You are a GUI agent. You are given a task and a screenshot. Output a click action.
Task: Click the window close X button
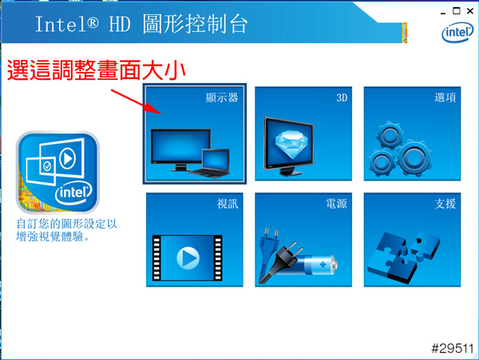click(470, 11)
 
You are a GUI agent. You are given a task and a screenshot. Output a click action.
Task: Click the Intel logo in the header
click(457, 32)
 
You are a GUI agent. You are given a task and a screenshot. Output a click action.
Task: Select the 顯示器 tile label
click(222, 97)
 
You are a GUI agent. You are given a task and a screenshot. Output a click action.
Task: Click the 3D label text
click(342, 97)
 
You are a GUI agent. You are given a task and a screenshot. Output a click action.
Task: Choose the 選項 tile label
click(445, 97)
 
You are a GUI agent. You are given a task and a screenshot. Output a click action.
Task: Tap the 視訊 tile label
click(228, 204)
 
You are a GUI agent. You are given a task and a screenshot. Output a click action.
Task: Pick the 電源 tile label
click(336, 204)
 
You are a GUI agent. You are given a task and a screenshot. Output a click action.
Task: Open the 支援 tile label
click(445, 204)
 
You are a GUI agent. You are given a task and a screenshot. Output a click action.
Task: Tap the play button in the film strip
click(188, 258)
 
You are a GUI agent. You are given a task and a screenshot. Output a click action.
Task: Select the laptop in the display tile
click(210, 164)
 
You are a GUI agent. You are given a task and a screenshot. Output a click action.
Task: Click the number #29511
click(452, 348)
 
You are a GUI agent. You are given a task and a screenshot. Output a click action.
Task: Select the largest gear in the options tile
click(414, 158)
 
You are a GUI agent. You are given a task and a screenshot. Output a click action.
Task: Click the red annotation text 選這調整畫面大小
click(97, 70)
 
